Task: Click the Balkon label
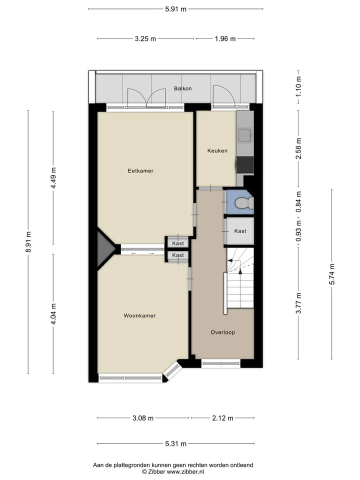click(183, 88)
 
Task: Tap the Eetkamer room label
click(140, 171)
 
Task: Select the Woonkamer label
click(139, 315)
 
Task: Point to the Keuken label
click(217, 150)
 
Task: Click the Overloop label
click(222, 332)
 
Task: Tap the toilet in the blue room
click(244, 202)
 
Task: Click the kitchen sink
click(245, 135)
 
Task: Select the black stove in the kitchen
click(244, 165)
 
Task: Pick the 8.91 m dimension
click(28, 242)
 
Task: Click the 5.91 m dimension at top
click(175, 9)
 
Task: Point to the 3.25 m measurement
click(145, 39)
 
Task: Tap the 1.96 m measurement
click(225, 39)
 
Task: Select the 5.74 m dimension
click(332, 274)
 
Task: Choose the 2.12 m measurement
click(222, 418)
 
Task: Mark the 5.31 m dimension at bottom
click(175, 444)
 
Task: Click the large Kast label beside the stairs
click(240, 231)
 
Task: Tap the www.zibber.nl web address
click(185, 471)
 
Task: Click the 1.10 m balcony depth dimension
click(298, 86)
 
